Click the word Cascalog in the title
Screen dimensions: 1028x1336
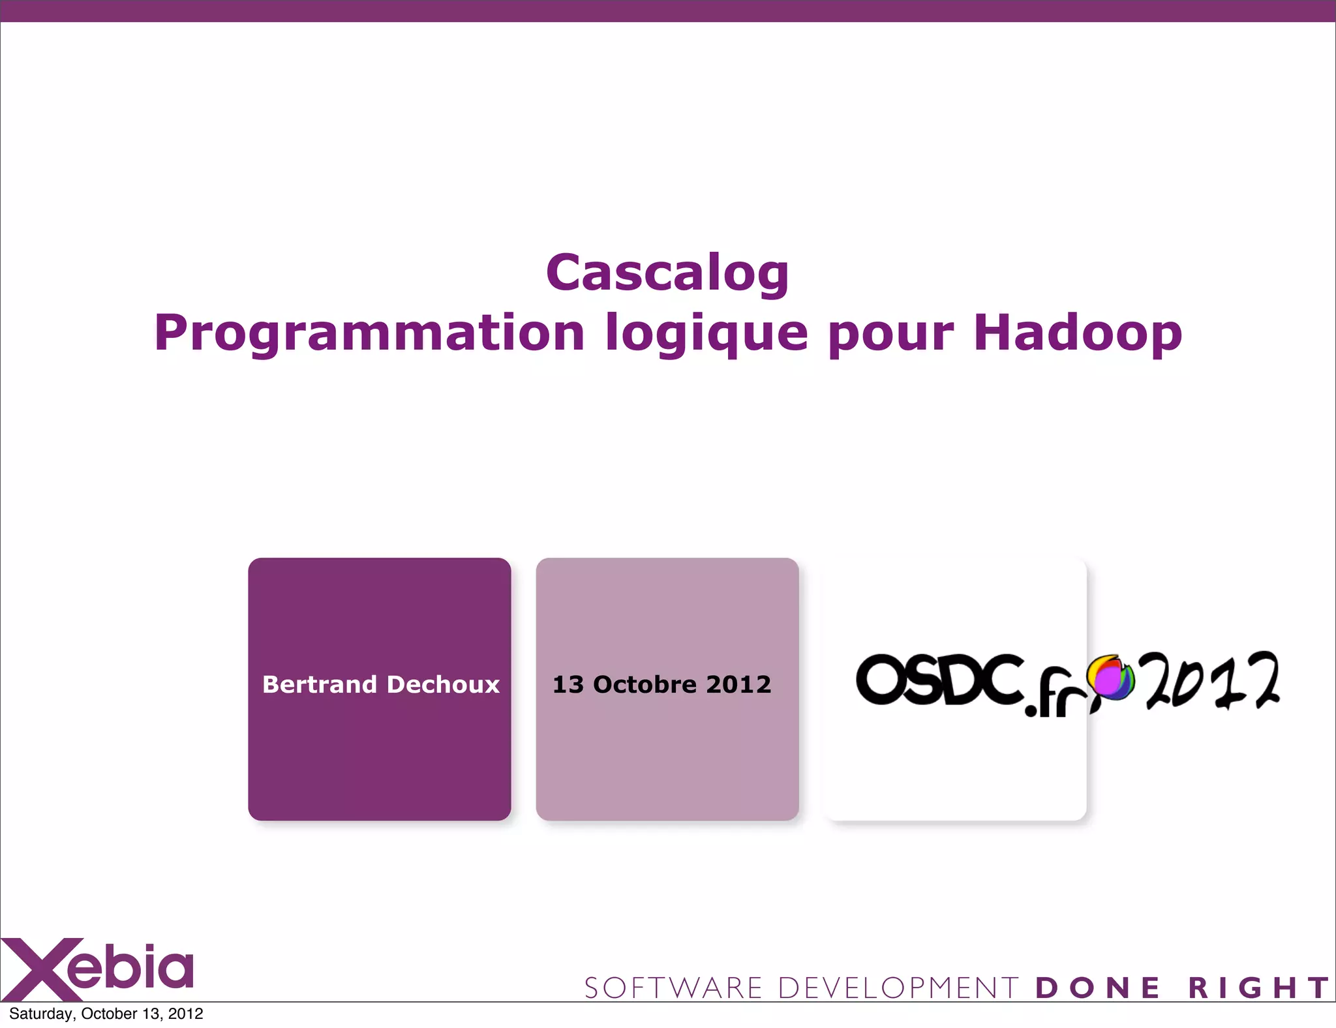pos(667,273)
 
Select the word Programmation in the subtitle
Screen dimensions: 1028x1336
pos(369,333)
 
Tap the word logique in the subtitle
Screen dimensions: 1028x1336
pos(706,333)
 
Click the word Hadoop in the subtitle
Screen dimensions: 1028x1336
pos(1078,333)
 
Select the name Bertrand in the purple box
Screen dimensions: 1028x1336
pos(320,684)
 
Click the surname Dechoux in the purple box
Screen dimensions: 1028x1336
pos(444,684)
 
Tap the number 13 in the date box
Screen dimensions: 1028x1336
pos(568,684)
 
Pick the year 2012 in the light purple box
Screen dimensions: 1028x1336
pos(738,684)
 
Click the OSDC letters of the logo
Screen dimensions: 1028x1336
pos(939,680)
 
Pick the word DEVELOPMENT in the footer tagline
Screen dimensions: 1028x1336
pos(898,988)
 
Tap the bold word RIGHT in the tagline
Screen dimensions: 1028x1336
pos(1258,988)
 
